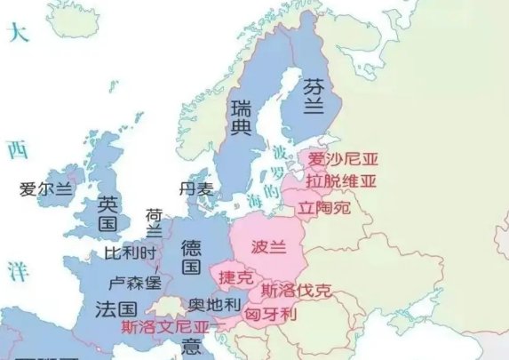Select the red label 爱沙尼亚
coord(342,160)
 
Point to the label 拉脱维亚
coord(341,181)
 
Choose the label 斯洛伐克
coord(296,290)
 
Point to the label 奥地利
coord(213,305)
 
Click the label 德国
coord(191,255)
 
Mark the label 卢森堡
coord(134,283)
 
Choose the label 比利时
coord(130,253)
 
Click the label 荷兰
coord(154,223)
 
